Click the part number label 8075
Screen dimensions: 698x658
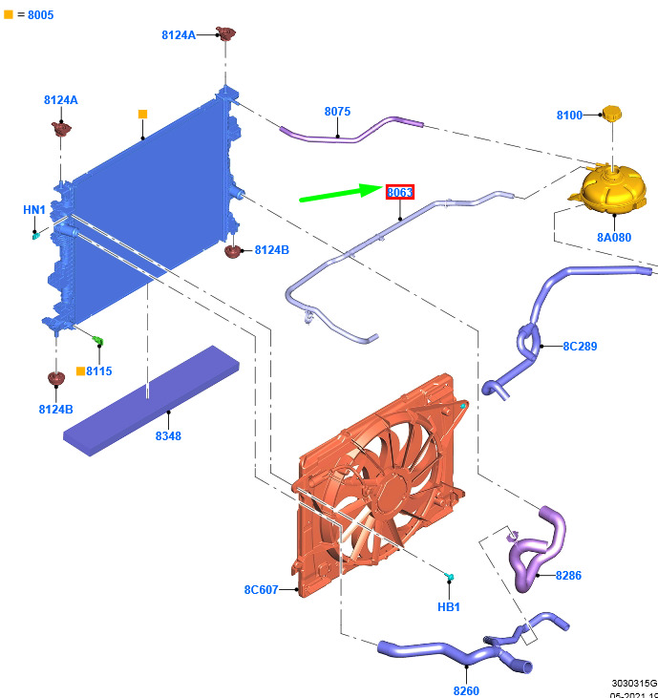[337, 112]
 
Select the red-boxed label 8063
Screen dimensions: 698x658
[400, 192]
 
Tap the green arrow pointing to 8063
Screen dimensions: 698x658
[340, 194]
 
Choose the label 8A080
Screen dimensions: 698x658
[614, 238]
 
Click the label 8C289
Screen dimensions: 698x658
[579, 347]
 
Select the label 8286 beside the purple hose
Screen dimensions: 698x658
[567, 576]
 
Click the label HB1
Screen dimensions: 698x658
[449, 606]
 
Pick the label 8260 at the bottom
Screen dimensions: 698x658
[466, 690]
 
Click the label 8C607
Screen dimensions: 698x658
[261, 590]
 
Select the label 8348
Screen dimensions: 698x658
[167, 436]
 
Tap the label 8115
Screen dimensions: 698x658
[99, 370]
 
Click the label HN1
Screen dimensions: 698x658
[34, 210]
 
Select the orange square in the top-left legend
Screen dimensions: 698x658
[9, 14]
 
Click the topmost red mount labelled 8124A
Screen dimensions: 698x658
[225, 34]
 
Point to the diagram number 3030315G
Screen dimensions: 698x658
[634, 684]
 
